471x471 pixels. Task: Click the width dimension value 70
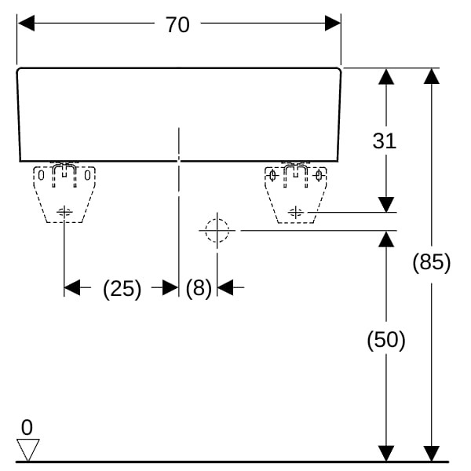(x=177, y=24)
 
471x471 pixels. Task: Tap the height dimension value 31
(x=384, y=141)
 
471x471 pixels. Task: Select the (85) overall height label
(x=432, y=262)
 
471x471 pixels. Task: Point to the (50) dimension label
(x=386, y=340)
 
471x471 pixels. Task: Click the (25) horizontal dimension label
(x=122, y=288)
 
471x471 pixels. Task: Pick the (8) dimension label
(x=199, y=288)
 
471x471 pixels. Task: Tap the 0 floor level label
(x=27, y=428)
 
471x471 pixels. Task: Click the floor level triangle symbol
(x=28, y=450)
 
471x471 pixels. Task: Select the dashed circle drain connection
(x=217, y=231)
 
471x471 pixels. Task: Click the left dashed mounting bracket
(x=64, y=193)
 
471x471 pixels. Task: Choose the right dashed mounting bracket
(x=295, y=193)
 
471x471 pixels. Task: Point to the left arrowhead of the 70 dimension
(x=25, y=24)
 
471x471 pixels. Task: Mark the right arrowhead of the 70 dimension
(x=333, y=24)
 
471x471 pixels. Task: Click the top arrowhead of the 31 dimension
(x=385, y=76)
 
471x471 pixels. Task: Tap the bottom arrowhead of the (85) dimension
(x=431, y=454)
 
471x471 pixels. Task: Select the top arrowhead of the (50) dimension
(x=385, y=239)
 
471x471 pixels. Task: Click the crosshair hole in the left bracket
(x=64, y=211)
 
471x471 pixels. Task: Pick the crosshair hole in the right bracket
(x=296, y=211)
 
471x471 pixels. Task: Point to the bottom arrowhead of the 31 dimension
(x=385, y=204)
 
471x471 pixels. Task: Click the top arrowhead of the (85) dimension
(x=431, y=76)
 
